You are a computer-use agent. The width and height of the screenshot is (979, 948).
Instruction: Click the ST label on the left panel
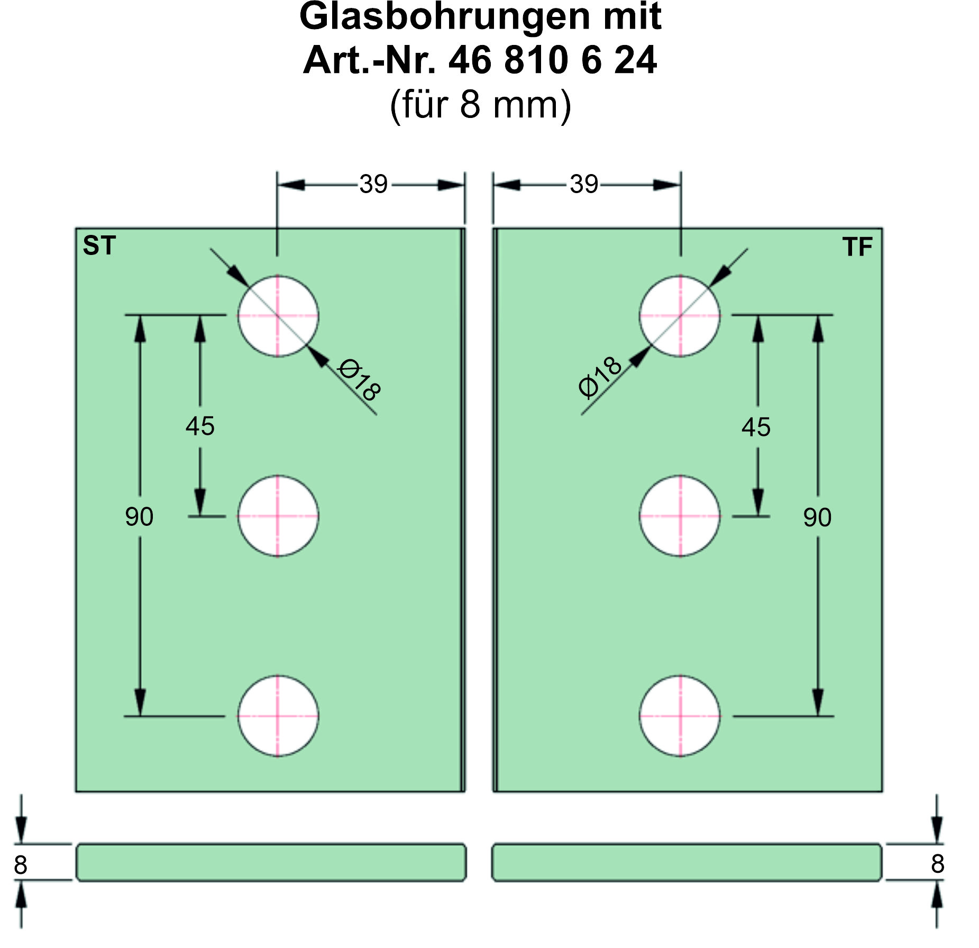click(x=99, y=246)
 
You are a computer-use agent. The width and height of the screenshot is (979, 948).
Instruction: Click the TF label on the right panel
click(x=857, y=247)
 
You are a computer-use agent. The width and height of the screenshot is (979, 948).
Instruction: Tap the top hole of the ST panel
click(x=278, y=316)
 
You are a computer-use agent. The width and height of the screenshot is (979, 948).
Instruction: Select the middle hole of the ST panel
click(x=278, y=516)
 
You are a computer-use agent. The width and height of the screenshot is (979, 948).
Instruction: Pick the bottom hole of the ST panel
click(x=278, y=716)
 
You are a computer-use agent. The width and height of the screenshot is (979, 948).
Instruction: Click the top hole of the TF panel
click(x=680, y=316)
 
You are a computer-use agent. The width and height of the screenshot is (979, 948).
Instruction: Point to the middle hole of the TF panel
click(x=680, y=516)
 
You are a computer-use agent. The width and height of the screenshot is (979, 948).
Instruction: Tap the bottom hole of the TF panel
click(x=680, y=716)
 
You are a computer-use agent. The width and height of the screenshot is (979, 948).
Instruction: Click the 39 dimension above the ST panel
click(x=373, y=185)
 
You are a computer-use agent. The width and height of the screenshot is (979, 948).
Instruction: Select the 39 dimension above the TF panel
click(x=583, y=185)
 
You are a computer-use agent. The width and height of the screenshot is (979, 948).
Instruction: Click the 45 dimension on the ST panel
click(x=200, y=426)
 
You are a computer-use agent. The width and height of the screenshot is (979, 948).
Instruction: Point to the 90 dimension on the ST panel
click(x=139, y=517)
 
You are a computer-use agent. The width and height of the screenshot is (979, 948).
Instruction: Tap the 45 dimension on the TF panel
click(x=756, y=427)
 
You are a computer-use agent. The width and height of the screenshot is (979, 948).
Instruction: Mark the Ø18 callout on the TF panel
click(x=600, y=377)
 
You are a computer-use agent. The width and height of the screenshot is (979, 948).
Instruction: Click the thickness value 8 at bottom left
click(x=21, y=865)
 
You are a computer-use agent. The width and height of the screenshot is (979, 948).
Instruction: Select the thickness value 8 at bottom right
click(x=937, y=864)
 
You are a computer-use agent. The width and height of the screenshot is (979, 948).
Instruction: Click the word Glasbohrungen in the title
click(x=444, y=17)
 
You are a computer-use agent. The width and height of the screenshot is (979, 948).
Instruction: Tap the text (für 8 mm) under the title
click(x=480, y=105)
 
